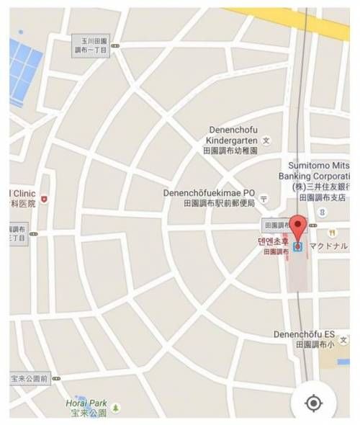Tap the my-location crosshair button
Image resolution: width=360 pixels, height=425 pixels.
313,402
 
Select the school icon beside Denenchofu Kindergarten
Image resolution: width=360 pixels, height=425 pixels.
266,139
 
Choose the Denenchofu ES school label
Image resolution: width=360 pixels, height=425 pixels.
305,335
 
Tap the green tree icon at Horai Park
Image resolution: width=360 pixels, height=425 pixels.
116,408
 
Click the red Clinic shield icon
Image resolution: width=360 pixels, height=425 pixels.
45,198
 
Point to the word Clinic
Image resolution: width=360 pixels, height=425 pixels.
23,193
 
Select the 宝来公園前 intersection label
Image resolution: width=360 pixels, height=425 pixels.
30,377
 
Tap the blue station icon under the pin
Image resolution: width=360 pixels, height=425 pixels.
297,247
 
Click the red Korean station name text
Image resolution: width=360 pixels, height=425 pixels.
274,242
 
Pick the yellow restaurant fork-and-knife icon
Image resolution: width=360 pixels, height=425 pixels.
332,233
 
